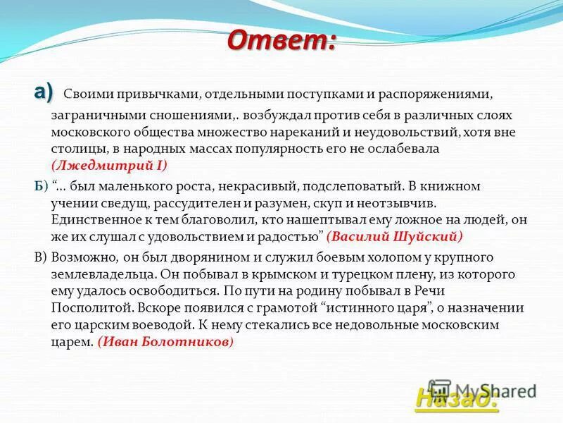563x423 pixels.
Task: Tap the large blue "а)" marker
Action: (42, 92)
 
